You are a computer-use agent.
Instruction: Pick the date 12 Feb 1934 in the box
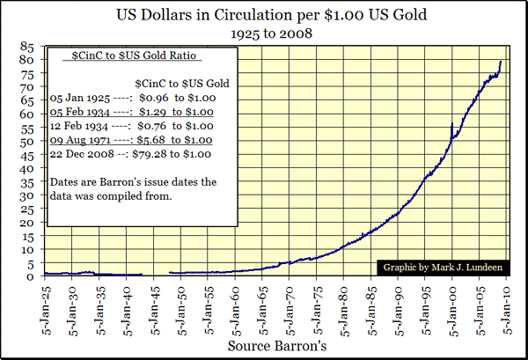[x=84, y=125]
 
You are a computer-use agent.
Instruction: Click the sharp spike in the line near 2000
[x=451, y=124]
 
